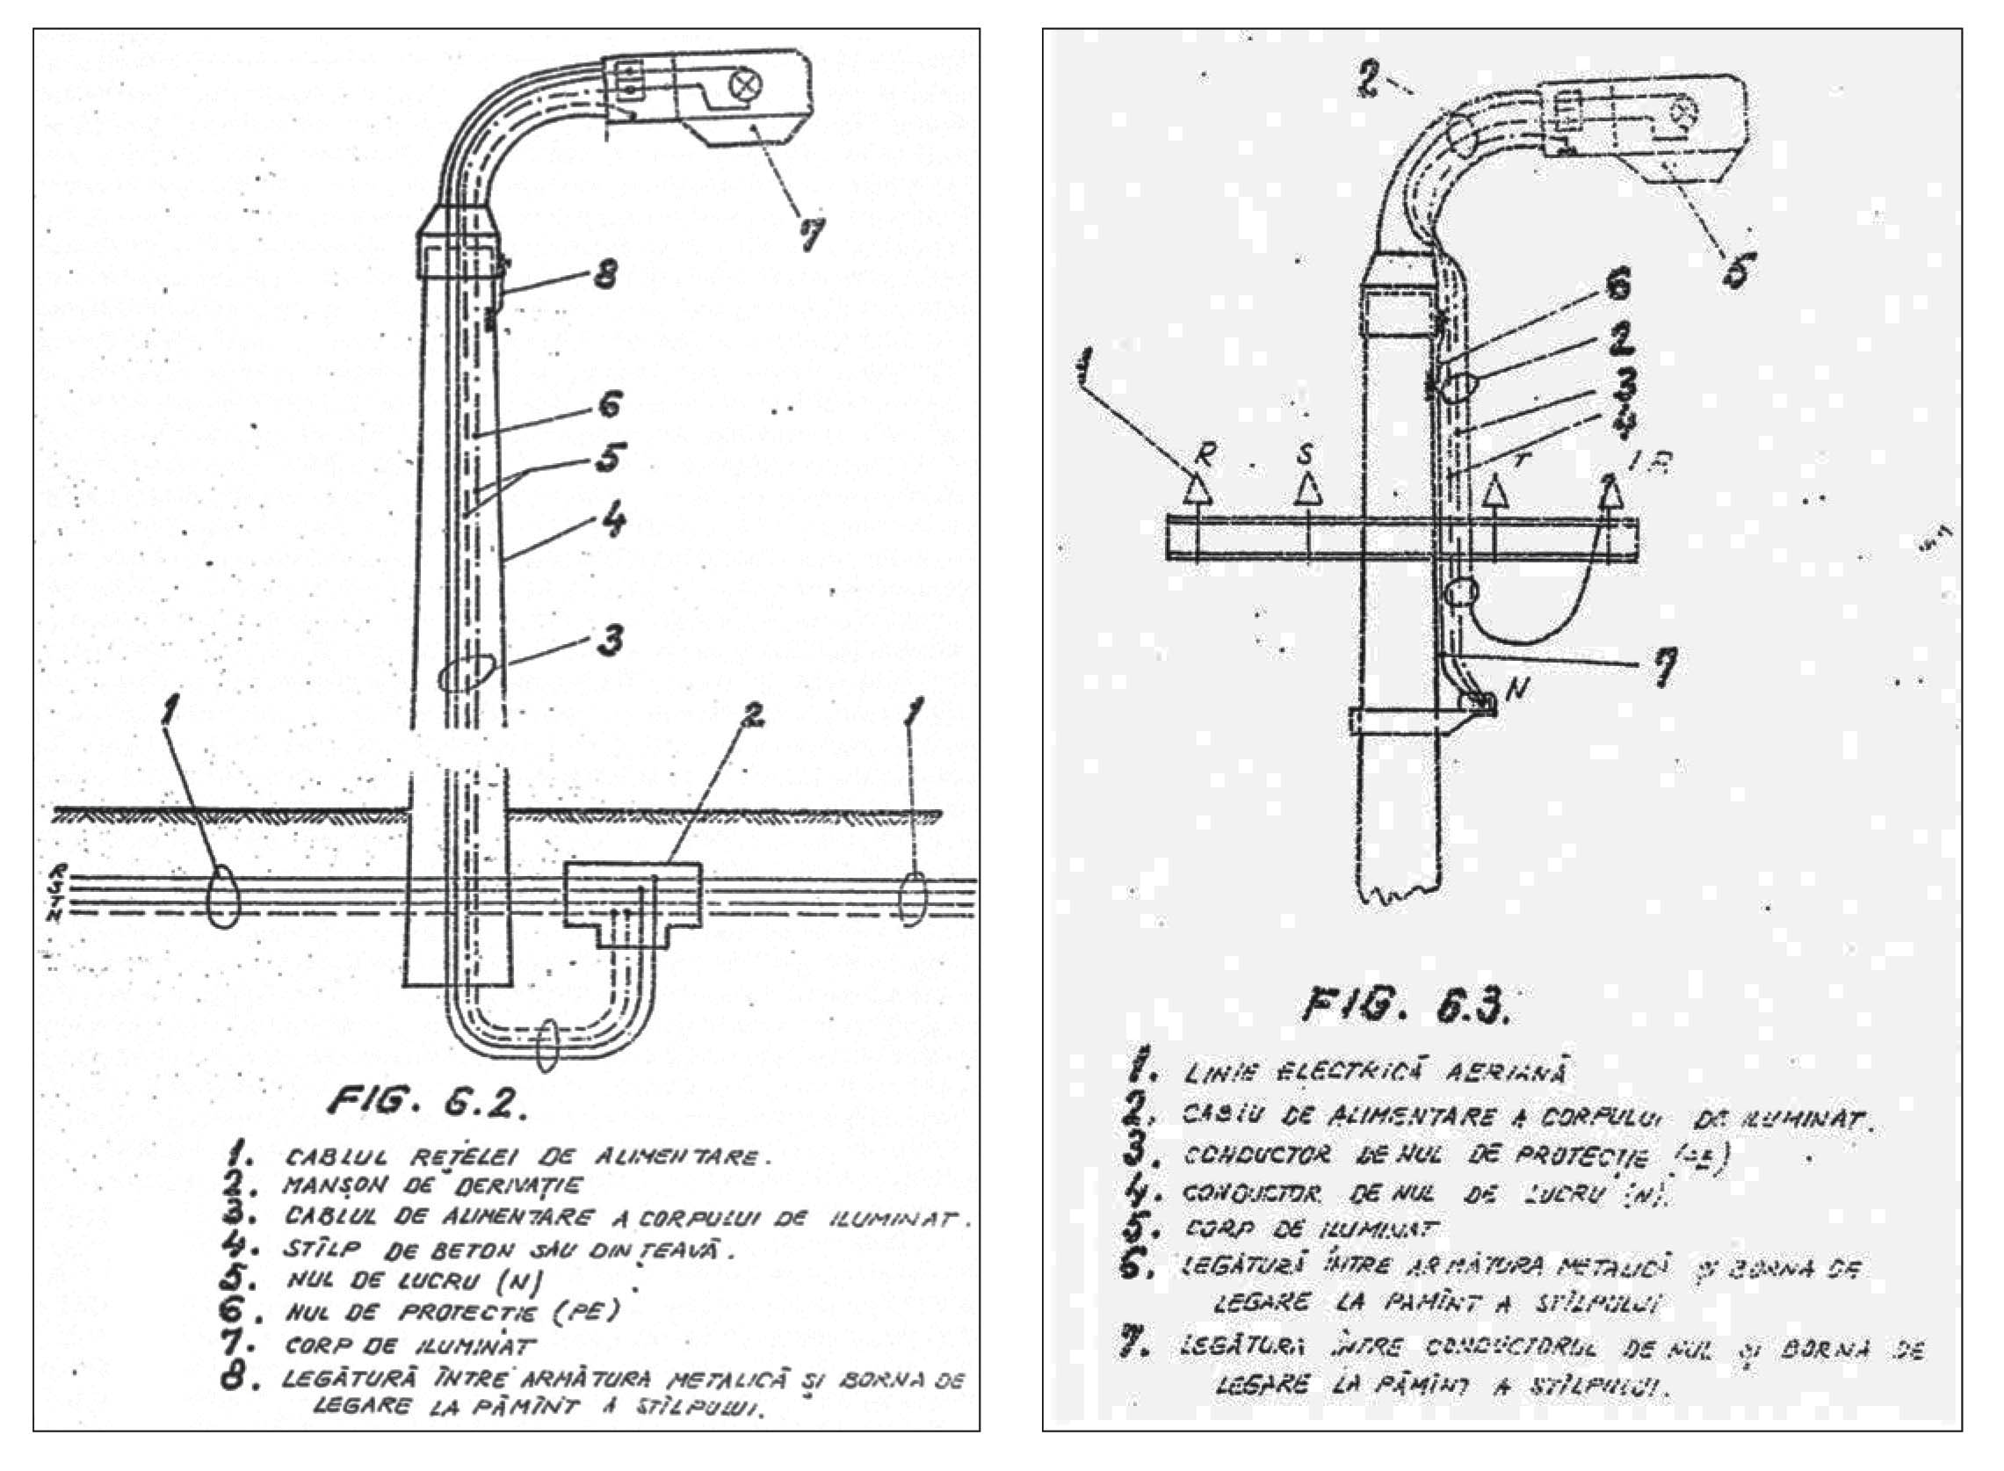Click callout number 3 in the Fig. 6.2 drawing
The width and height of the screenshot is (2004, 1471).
click(x=609, y=640)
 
